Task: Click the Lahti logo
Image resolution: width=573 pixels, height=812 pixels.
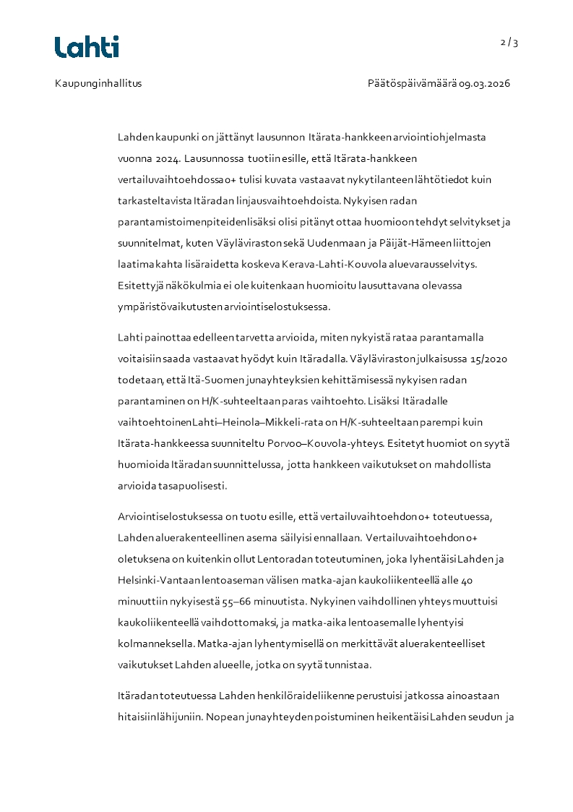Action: [87, 47]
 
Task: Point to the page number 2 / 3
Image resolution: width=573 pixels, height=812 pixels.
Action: [509, 43]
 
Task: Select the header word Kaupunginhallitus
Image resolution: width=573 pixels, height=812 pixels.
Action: [98, 83]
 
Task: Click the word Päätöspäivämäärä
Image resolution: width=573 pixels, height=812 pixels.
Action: [412, 83]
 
